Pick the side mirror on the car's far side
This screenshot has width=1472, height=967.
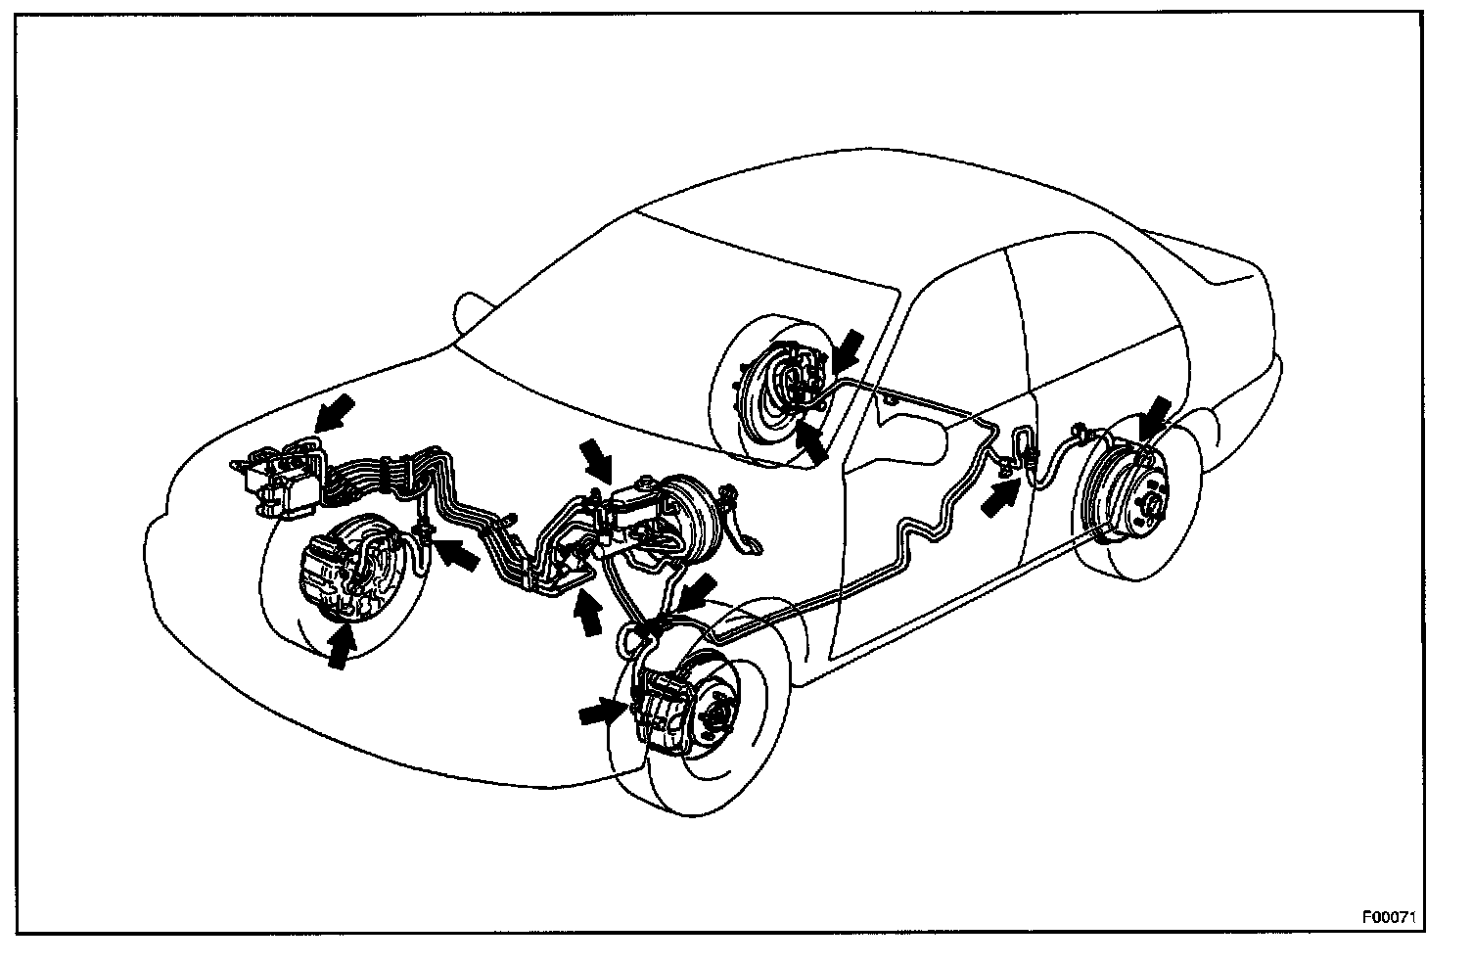(470, 313)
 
